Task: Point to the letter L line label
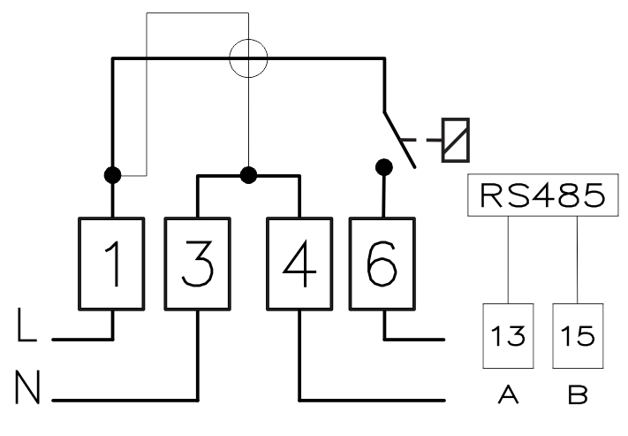pyautogui.click(x=26, y=325)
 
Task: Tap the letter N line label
pyautogui.click(x=28, y=387)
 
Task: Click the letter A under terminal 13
pyautogui.click(x=508, y=394)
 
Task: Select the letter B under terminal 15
pyautogui.click(x=578, y=394)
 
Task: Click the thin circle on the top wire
pyautogui.click(x=248, y=39)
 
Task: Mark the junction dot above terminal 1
pyautogui.click(x=112, y=175)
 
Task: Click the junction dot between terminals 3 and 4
pyautogui.click(x=248, y=175)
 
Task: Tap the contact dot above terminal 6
pyautogui.click(x=384, y=167)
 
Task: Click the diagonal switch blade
pyautogui.click(x=400, y=140)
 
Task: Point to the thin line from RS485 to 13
pyautogui.click(x=508, y=260)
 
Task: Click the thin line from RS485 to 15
pyautogui.click(x=578, y=260)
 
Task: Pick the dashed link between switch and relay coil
pyautogui.click(x=420, y=140)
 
